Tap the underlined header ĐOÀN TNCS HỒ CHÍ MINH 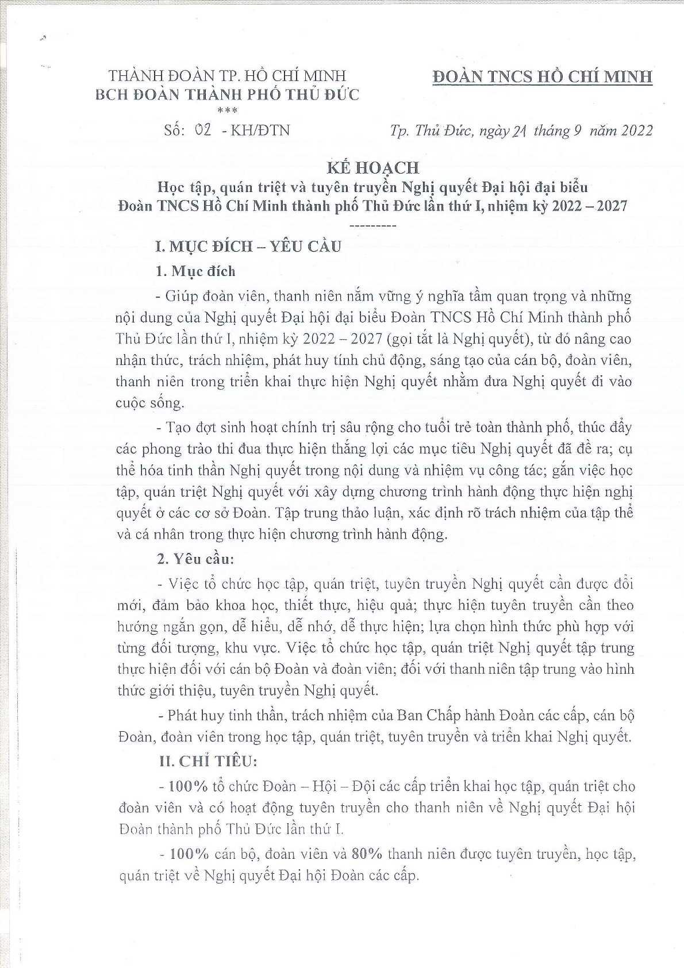(x=542, y=76)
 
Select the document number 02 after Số (x=203, y=130)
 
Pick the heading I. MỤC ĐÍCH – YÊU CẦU (x=248, y=246)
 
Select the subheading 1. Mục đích (x=195, y=271)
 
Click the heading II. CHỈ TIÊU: (x=208, y=761)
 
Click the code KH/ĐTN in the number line (x=260, y=130)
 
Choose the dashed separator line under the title (x=373, y=224)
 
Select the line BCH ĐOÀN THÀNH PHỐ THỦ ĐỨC (x=227, y=94)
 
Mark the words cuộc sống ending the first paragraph (x=149, y=402)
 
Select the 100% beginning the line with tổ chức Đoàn (x=187, y=786)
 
